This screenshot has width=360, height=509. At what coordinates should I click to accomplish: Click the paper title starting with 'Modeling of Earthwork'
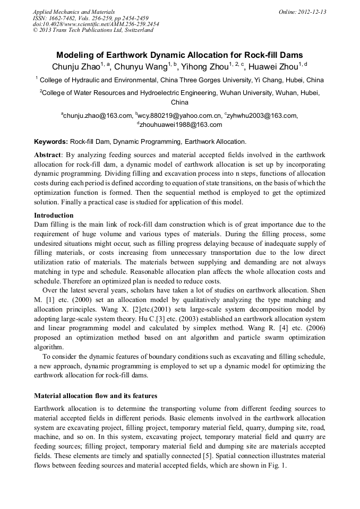[179, 55]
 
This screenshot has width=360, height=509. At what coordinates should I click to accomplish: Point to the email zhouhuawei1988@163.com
[181, 125]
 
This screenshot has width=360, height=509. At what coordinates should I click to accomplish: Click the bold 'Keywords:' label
[51, 142]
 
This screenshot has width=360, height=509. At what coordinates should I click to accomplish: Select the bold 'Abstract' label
[48, 155]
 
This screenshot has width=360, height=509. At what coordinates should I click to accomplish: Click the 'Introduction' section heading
[54, 215]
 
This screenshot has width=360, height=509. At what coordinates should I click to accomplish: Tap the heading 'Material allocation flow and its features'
[96, 395]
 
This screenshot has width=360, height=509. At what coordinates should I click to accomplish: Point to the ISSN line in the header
[91, 18]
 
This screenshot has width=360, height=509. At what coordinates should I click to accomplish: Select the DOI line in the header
[96, 24]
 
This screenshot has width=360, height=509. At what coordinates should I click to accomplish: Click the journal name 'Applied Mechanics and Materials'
[74, 12]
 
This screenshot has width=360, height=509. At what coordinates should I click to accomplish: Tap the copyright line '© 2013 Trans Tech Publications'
[93, 30]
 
